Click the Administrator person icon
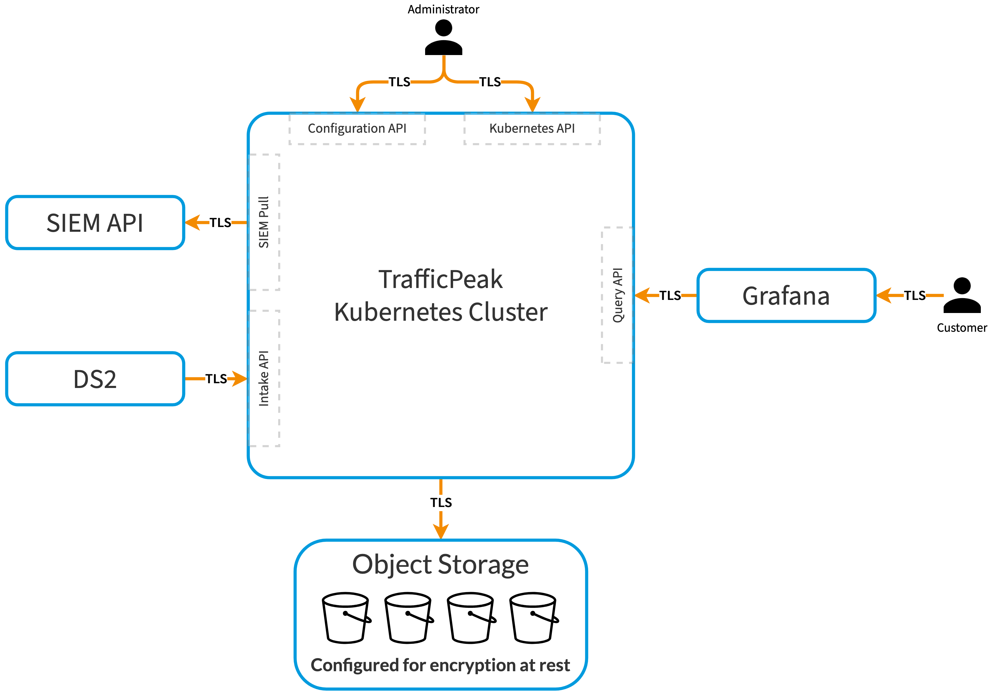point(443,38)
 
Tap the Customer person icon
point(962,295)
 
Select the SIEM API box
point(95,223)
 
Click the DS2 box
point(95,379)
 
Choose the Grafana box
point(786,296)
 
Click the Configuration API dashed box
point(357,129)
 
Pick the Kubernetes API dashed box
point(532,129)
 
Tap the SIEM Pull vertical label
point(264,222)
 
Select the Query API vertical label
point(618,295)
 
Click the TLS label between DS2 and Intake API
point(216,379)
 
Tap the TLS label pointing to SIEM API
point(220,223)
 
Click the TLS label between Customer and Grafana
point(914,296)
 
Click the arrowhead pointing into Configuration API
point(357,104)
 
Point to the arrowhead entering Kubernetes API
point(532,104)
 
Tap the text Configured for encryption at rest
point(440,665)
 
